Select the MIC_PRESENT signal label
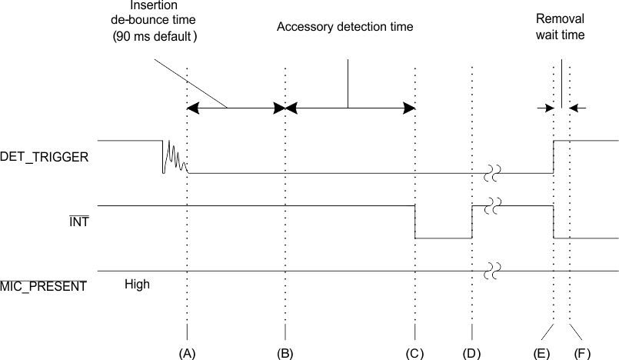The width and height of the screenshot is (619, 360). coord(43,287)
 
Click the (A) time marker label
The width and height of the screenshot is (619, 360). coord(187,352)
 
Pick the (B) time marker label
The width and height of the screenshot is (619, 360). coord(285,352)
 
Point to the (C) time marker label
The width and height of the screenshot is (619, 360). coord(414,352)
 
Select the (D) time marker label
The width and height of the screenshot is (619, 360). coord(471,352)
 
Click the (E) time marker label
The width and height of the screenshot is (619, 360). coord(541,352)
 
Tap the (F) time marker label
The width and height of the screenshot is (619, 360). coord(583,352)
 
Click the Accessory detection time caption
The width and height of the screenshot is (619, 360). coord(345,27)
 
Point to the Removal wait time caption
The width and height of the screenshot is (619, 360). coord(562,28)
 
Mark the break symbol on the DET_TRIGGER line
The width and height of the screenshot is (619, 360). coord(492,175)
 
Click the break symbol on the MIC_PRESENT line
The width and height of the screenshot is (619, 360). coord(492,271)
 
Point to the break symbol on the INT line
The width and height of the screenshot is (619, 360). coord(492,206)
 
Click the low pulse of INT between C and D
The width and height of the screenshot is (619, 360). coord(443,238)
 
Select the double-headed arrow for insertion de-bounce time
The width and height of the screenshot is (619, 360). coord(236,108)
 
